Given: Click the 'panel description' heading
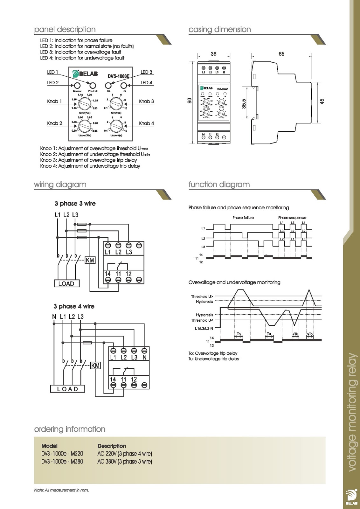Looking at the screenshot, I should click(65, 30).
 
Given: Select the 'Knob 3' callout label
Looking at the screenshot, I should click(146, 101).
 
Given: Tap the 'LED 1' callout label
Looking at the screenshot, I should click(53, 72).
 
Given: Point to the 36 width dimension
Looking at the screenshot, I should click(213, 54).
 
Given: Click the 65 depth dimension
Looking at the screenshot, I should click(281, 54).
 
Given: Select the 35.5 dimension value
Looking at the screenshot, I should click(244, 104).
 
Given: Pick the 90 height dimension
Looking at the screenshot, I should click(190, 101).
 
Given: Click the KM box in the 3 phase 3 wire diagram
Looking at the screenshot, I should click(90, 261).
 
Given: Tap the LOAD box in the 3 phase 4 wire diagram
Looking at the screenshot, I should click(68, 389).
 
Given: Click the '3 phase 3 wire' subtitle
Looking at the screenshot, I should click(75, 204).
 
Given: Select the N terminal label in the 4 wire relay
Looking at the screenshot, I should click(145, 357).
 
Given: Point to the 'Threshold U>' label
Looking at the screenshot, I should click(202, 296).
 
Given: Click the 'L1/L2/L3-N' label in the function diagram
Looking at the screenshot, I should click(202, 328).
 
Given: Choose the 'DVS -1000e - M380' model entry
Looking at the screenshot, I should click(62, 461).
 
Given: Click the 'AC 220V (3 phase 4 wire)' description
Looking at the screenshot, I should click(125, 453).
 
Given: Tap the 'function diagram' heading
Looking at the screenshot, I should click(219, 185).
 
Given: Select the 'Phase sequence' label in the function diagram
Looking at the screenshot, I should click(292, 218).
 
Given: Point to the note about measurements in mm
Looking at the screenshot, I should click(61, 490).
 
